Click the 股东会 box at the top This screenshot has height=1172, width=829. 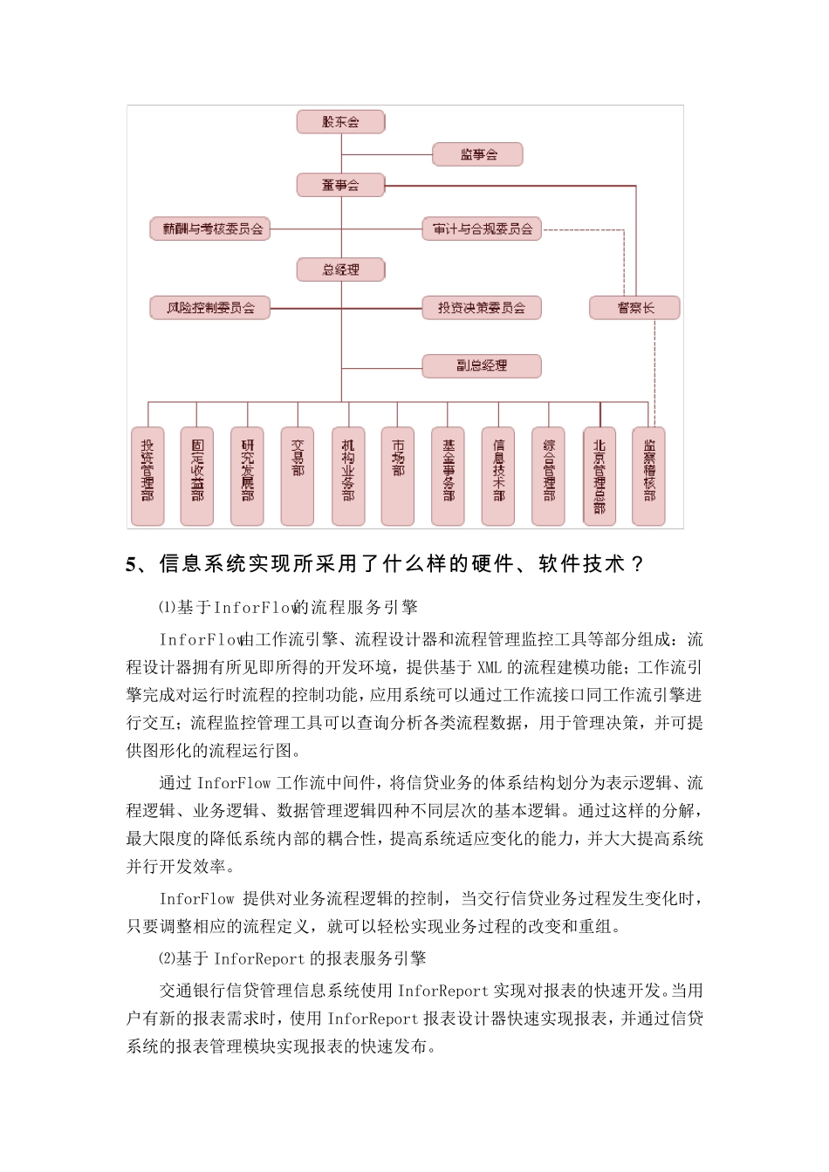tap(340, 122)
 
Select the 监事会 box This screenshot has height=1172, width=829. tap(477, 155)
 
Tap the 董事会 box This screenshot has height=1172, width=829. tap(340, 185)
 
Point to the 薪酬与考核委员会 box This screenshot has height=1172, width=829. tap(210, 229)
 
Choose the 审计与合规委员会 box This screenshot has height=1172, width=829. tap(482, 229)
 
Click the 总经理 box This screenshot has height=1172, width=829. tap(340, 269)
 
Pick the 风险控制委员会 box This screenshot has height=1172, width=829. tap(210, 308)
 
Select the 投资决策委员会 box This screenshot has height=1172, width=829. tap(482, 308)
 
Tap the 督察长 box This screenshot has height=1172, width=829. tap(634, 308)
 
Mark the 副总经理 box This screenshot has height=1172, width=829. tap(482, 365)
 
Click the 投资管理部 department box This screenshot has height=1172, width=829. tap(147, 476)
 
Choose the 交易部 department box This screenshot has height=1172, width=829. tap(298, 476)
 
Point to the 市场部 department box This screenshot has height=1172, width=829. tap(398, 476)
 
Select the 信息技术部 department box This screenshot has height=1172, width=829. tap(498, 476)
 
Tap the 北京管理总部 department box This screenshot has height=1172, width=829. tap(599, 476)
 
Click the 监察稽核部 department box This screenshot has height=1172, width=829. tap(648, 476)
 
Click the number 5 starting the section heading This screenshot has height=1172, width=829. tap(132, 565)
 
